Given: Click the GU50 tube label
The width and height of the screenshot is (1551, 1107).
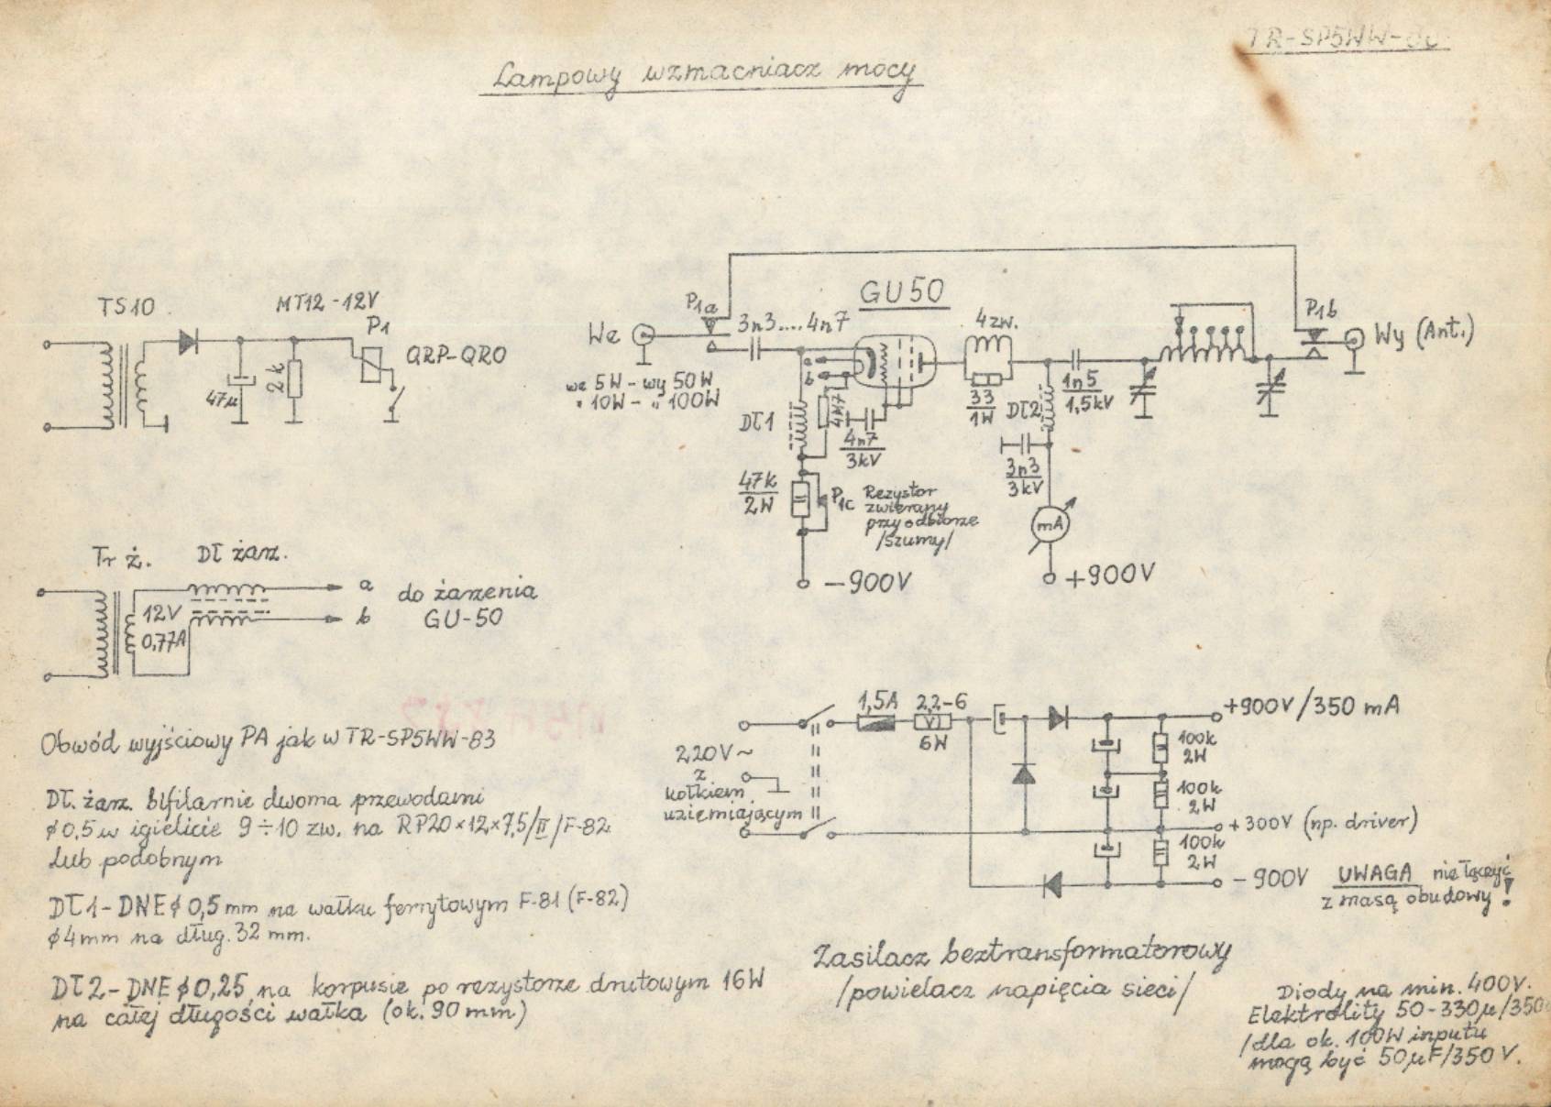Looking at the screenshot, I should pyautogui.click(x=902, y=294).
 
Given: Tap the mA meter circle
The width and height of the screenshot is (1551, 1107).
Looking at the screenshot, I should pyautogui.click(x=1048, y=524).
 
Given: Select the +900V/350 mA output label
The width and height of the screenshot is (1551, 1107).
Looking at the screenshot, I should pyautogui.click(x=1311, y=707).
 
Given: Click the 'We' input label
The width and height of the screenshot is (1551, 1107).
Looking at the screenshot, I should pyautogui.click(x=604, y=335).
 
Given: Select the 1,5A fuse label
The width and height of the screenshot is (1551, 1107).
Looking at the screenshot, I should pyautogui.click(x=877, y=701).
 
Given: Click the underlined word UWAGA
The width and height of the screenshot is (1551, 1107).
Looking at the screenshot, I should pyautogui.click(x=1375, y=873).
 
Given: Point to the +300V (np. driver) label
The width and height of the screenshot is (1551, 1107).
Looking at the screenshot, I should pyautogui.click(x=1323, y=823).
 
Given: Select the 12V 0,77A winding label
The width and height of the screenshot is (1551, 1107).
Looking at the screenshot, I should pyautogui.click(x=165, y=626).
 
